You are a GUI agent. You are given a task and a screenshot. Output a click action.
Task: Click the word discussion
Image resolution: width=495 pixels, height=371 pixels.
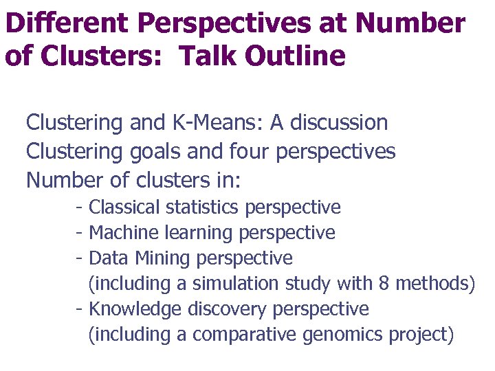point(338,123)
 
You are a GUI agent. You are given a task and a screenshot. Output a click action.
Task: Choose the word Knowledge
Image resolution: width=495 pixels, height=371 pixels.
point(135,309)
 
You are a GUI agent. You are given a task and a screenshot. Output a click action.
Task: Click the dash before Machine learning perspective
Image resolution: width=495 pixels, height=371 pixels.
point(80,233)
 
